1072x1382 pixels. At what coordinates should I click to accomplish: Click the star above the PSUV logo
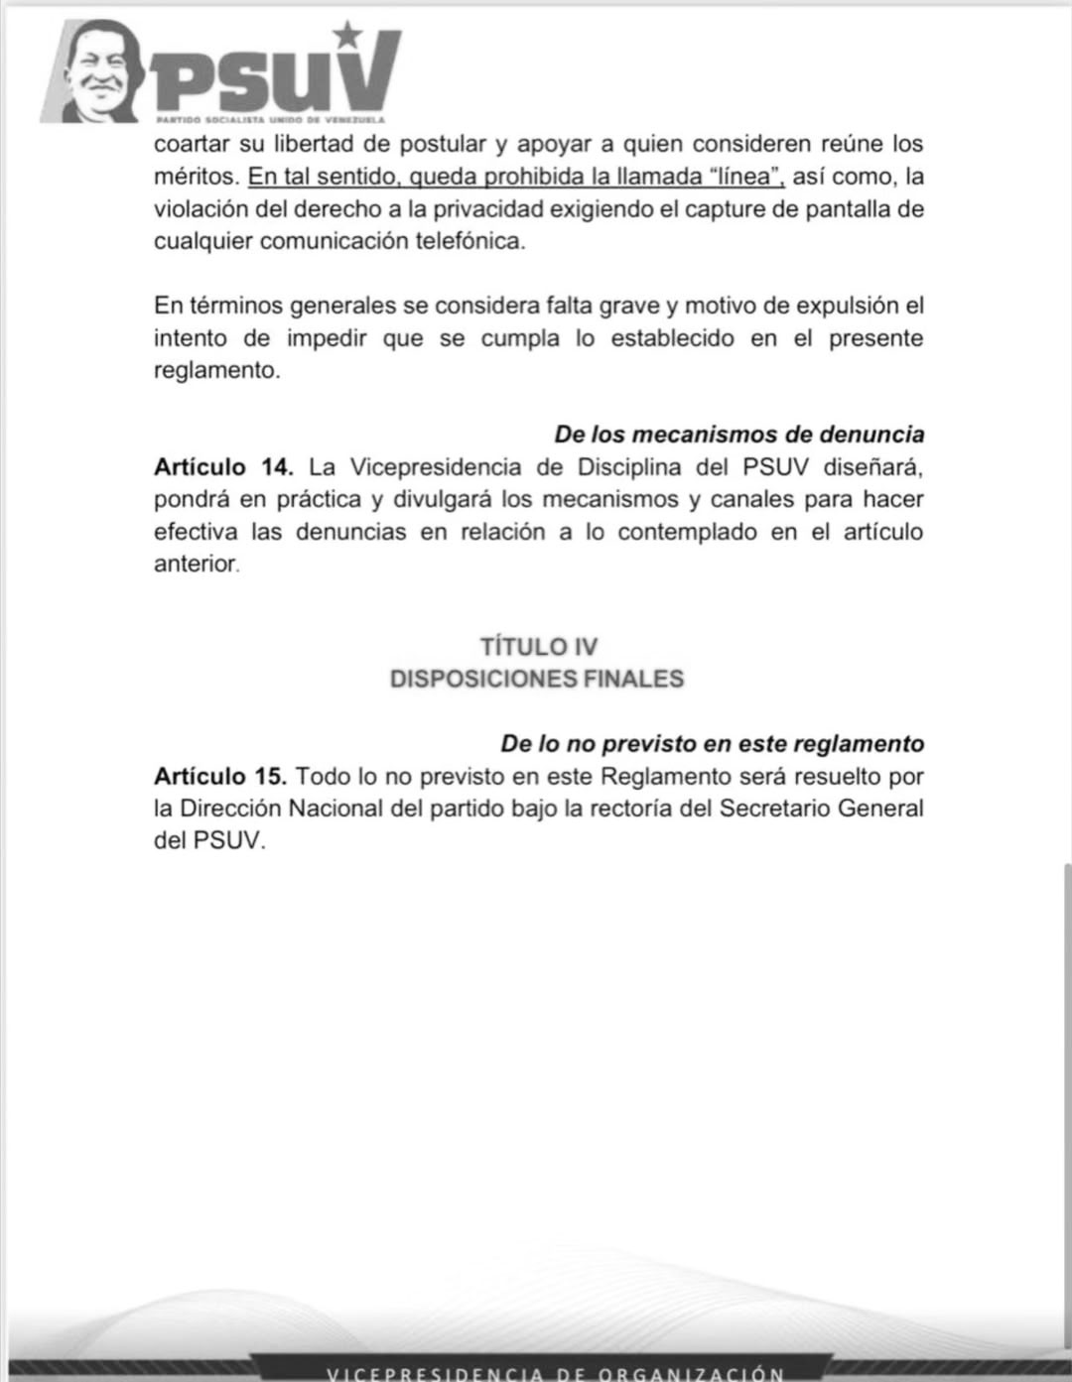tap(347, 35)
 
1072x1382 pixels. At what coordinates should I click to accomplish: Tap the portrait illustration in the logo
tap(95, 71)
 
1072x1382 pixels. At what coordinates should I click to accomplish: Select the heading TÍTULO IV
tap(539, 647)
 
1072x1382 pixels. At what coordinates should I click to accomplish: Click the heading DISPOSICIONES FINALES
tap(537, 679)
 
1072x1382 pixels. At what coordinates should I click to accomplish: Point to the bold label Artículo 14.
tap(223, 466)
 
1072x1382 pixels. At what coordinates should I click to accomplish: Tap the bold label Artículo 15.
tap(220, 776)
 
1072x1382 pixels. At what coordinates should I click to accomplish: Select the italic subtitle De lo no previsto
tap(712, 744)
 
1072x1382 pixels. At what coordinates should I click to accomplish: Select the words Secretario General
tap(822, 808)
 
